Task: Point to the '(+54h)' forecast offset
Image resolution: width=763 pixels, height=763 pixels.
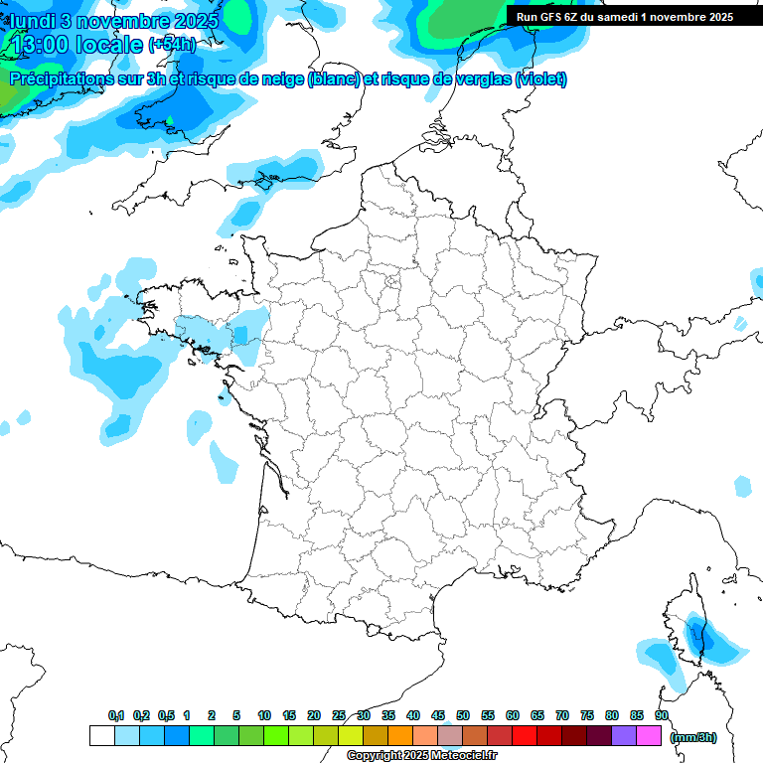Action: pyautogui.click(x=172, y=45)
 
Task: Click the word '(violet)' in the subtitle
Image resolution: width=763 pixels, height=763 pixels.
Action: pyautogui.click(x=541, y=79)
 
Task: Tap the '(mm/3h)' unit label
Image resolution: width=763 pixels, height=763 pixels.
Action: pyautogui.click(x=693, y=736)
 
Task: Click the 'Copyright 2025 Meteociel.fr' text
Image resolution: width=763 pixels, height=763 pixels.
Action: pyautogui.click(x=422, y=756)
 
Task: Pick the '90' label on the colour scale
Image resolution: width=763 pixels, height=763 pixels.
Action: pyautogui.click(x=662, y=715)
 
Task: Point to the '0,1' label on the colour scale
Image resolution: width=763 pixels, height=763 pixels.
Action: pyautogui.click(x=116, y=715)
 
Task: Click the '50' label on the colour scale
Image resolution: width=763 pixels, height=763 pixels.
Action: pyautogui.click(x=463, y=715)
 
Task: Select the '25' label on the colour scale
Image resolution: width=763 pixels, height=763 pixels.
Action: pyautogui.click(x=339, y=715)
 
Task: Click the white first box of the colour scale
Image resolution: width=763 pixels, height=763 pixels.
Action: pyautogui.click(x=101, y=735)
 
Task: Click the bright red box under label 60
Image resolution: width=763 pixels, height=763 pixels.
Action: pyautogui.click(x=525, y=735)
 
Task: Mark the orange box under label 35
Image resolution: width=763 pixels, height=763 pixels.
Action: pyautogui.click(x=400, y=735)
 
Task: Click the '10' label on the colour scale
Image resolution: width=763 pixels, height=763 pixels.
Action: pyautogui.click(x=264, y=715)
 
